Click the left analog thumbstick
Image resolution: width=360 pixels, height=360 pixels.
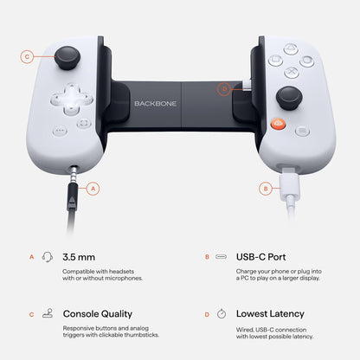(x=66, y=58)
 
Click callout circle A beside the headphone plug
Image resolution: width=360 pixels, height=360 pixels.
(x=93, y=188)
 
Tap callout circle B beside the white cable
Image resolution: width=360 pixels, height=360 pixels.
(x=266, y=188)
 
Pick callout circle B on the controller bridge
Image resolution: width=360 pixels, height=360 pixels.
(x=224, y=88)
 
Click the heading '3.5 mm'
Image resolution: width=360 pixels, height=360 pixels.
(x=80, y=257)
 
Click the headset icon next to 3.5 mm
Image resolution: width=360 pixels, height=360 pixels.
(x=48, y=257)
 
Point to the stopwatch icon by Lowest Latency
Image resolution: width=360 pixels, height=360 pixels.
(x=222, y=313)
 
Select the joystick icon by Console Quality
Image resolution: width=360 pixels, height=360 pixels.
(x=48, y=313)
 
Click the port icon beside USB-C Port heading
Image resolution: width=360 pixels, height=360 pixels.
(x=222, y=257)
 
